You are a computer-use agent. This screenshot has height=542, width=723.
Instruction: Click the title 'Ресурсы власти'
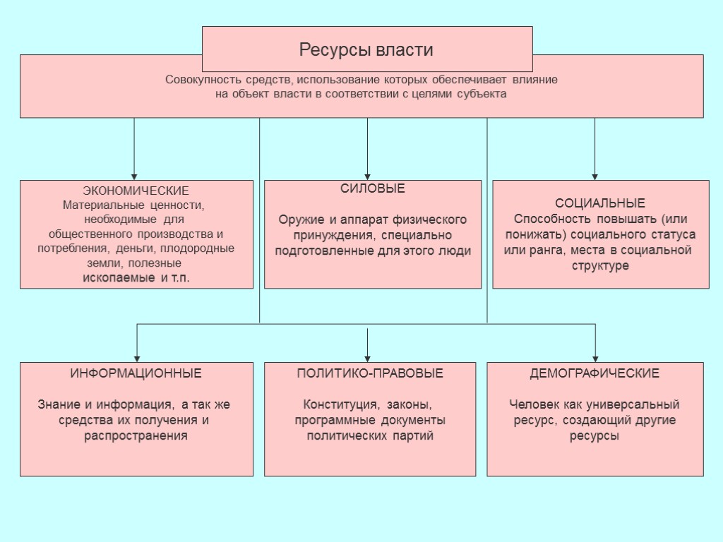click(366, 50)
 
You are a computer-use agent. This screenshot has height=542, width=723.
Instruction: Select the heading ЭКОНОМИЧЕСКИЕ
click(136, 191)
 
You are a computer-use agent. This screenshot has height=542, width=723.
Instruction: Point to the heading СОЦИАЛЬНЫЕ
click(600, 203)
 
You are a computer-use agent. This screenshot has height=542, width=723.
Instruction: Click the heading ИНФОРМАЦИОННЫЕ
click(136, 373)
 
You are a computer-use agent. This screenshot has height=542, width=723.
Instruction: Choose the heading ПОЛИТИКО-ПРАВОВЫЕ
click(370, 373)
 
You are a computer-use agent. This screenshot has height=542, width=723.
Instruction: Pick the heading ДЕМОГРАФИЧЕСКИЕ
click(594, 373)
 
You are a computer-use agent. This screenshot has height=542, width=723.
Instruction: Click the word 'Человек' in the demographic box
click(534, 405)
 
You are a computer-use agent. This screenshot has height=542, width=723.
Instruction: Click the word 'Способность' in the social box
click(548, 219)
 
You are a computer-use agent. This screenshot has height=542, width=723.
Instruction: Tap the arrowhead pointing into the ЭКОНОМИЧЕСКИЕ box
click(134, 176)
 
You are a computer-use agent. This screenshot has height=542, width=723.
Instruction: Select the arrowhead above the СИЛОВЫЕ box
click(367, 176)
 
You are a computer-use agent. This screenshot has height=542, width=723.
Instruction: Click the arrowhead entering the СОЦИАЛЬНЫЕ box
click(594, 176)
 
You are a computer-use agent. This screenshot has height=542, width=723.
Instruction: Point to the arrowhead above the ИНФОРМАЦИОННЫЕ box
click(137, 358)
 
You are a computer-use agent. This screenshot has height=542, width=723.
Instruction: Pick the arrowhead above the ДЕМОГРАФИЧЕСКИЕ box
click(596, 358)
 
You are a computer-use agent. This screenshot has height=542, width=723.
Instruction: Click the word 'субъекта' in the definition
click(484, 94)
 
